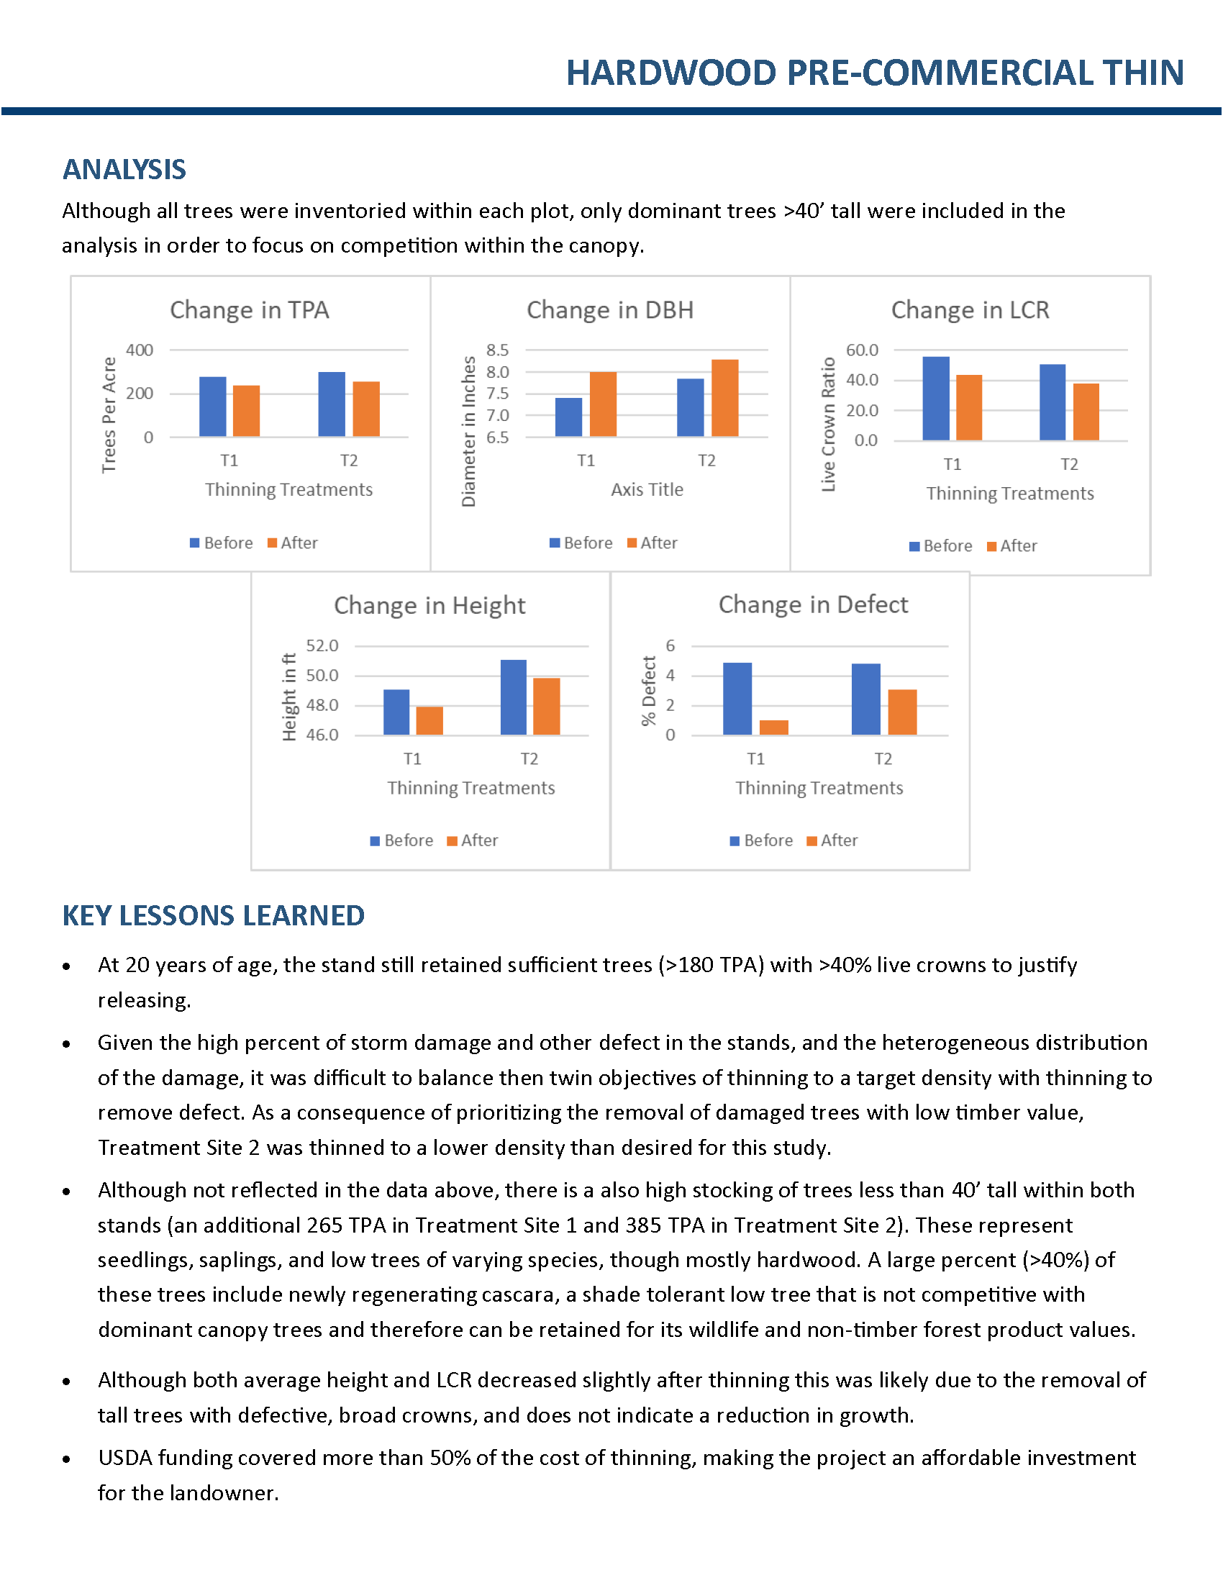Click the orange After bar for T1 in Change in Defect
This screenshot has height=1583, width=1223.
coord(774,727)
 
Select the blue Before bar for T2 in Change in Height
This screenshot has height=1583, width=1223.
coord(514,697)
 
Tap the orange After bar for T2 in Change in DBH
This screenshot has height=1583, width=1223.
coord(724,398)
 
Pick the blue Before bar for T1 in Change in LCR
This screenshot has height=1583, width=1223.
coord(935,399)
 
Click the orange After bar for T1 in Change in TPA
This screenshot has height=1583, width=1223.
coord(246,411)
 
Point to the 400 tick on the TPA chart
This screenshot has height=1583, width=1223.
coord(139,350)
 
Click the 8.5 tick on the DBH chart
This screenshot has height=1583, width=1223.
coord(497,350)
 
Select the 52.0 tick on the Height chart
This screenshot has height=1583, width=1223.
coord(322,646)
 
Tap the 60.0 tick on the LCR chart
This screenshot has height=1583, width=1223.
coord(862,350)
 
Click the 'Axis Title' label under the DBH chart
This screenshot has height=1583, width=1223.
coord(647,490)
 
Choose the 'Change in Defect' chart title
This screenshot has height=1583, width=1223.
coord(813,604)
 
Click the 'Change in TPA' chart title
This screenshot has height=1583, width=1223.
coord(249,310)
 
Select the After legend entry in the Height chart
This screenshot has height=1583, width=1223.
coord(473,840)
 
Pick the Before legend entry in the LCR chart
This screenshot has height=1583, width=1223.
coord(940,546)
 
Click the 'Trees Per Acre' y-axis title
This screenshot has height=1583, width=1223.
coord(109,414)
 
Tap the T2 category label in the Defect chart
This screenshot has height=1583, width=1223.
coord(883,759)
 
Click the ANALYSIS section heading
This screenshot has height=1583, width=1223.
coord(124,170)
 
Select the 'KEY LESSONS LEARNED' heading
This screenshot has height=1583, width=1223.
coord(213,916)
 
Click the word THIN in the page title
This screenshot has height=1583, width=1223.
coord(1143,73)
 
